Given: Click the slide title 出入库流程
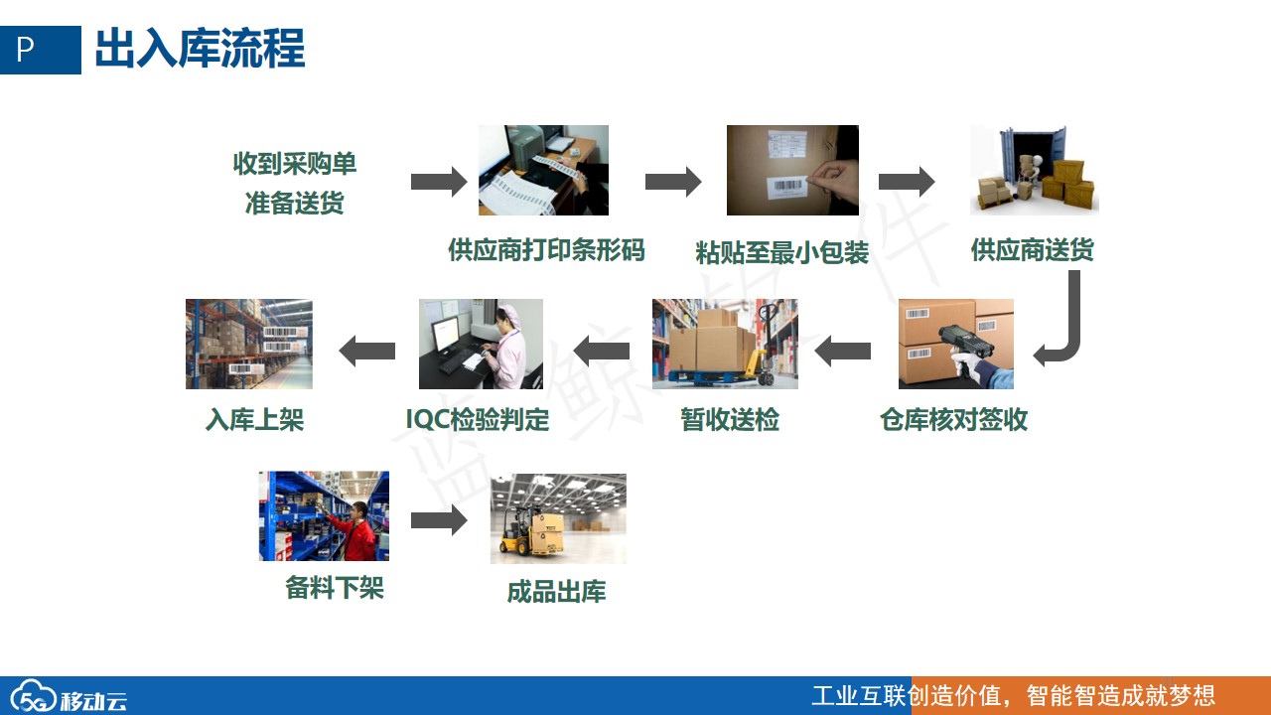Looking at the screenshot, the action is click(200, 49).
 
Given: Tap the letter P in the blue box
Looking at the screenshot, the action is click(25, 50).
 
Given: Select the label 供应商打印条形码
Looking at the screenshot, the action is click(546, 249).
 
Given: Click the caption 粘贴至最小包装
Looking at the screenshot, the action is click(781, 252).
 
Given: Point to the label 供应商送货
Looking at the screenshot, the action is click(1032, 249).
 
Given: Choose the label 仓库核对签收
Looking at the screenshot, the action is click(954, 420).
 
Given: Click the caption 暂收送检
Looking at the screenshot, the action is click(730, 420).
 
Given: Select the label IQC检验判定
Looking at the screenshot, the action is click(478, 420).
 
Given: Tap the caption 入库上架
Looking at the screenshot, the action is click(254, 420).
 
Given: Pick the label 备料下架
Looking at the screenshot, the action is click(335, 587).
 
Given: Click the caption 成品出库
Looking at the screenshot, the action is click(556, 591).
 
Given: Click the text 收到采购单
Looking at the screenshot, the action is click(295, 164).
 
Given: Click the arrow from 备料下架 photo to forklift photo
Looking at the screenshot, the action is click(439, 520).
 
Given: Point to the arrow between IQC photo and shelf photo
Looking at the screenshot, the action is click(367, 351).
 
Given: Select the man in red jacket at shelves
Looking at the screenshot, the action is click(356, 532).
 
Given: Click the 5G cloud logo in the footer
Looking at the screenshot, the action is click(34, 696).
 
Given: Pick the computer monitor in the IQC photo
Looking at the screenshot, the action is click(446, 334).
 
